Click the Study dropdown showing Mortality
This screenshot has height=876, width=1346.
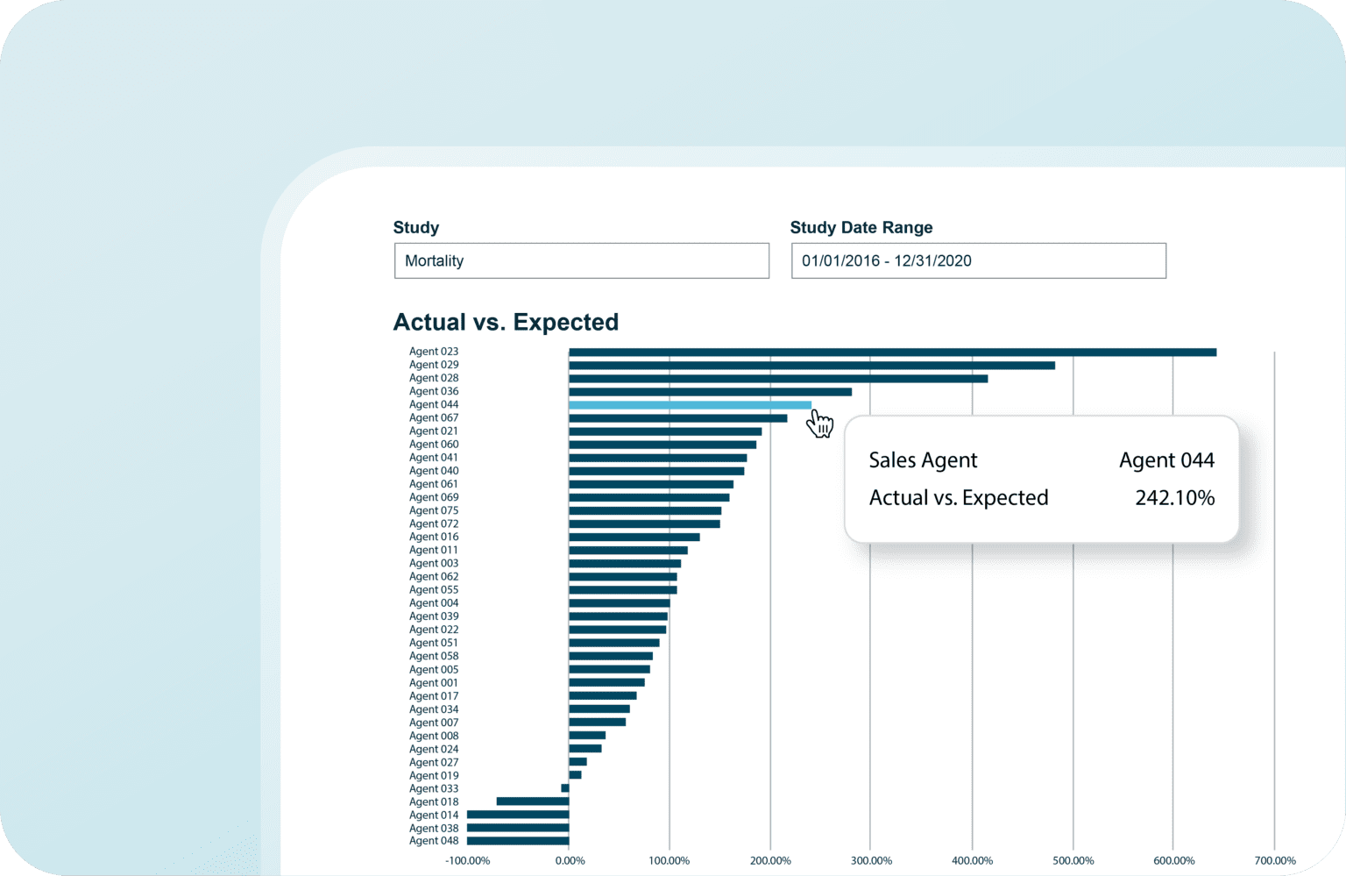click(x=581, y=261)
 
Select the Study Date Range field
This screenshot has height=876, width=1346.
click(x=978, y=261)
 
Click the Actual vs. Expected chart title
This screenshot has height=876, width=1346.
click(x=506, y=322)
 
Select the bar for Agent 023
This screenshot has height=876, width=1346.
click(x=892, y=353)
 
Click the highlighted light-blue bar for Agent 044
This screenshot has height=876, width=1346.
click(x=690, y=405)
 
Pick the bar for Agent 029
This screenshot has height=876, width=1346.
click(x=811, y=366)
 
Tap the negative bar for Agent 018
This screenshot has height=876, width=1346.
click(x=532, y=801)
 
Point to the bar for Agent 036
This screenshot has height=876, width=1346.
click(x=710, y=392)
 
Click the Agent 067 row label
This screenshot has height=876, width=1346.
click(x=434, y=418)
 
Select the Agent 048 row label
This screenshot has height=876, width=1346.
click(x=434, y=841)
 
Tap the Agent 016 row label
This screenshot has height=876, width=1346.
click(x=434, y=537)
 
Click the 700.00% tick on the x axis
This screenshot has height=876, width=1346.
click(x=1274, y=861)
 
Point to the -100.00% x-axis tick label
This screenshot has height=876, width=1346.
click(x=467, y=861)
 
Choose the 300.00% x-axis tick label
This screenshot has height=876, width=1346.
click(x=871, y=861)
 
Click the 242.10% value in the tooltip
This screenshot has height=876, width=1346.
click(x=1174, y=498)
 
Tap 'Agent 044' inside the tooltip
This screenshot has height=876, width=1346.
click(x=1166, y=460)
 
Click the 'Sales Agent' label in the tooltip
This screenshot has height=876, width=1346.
click(x=923, y=460)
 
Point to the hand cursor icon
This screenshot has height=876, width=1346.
click(x=820, y=424)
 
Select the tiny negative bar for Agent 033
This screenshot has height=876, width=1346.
click(x=565, y=788)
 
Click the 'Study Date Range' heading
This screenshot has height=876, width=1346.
click(x=861, y=228)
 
